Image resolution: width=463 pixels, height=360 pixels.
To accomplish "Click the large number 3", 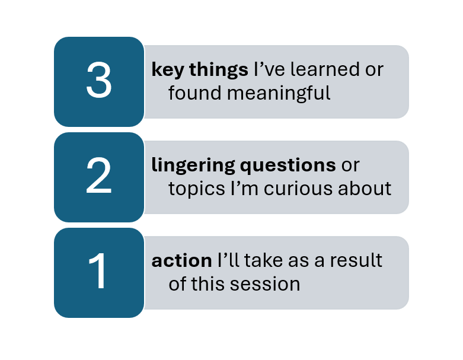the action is pyautogui.click(x=99, y=79).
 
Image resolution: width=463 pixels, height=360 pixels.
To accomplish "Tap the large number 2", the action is pyautogui.click(x=99, y=175).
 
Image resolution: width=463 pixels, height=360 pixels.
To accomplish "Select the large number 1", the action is pyautogui.click(x=97, y=271).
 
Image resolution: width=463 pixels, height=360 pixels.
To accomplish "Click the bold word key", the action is pyautogui.click(x=168, y=71).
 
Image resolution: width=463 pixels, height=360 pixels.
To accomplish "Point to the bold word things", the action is pyautogui.click(x=219, y=71).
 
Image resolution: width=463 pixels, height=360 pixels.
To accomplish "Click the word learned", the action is pyautogui.click(x=325, y=69).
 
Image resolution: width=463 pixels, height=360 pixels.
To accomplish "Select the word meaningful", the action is pyautogui.click(x=279, y=94).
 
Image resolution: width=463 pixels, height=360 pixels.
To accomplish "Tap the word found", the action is pyautogui.click(x=194, y=93).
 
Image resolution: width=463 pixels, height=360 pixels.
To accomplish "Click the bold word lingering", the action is pyautogui.click(x=193, y=165).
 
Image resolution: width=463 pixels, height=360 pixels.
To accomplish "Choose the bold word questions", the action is pyautogui.click(x=288, y=165).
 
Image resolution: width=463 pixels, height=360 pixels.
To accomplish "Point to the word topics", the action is pyautogui.click(x=197, y=189).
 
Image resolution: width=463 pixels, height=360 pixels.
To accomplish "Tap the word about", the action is pyautogui.click(x=365, y=188).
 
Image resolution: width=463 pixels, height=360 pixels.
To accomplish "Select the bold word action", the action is pyautogui.click(x=181, y=261).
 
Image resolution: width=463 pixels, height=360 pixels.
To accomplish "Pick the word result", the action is pyautogui.click(x=356, y=260).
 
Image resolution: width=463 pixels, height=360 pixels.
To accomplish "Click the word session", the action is pyautogui.click(x=265, y=284).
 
